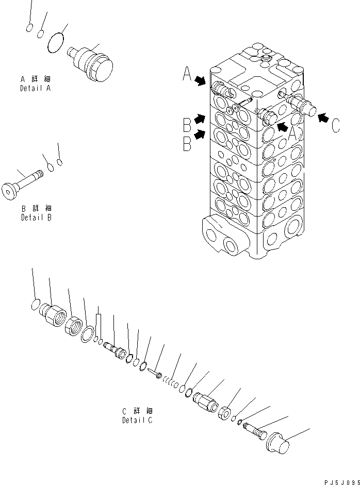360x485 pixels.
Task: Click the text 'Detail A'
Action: (36, 88)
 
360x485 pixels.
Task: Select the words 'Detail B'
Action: (36, 217)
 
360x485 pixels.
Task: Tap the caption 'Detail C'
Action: (137, 420)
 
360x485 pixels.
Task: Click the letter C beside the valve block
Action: (335, 125)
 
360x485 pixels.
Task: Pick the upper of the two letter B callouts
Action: (187, 125)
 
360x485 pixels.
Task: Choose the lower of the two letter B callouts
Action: (187, 143)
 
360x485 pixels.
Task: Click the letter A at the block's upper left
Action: (187, 75)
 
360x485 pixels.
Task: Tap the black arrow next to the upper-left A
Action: (201, 79)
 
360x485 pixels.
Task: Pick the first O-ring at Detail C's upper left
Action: (36, 305)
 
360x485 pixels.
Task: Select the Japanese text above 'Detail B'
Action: (36, 209)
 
